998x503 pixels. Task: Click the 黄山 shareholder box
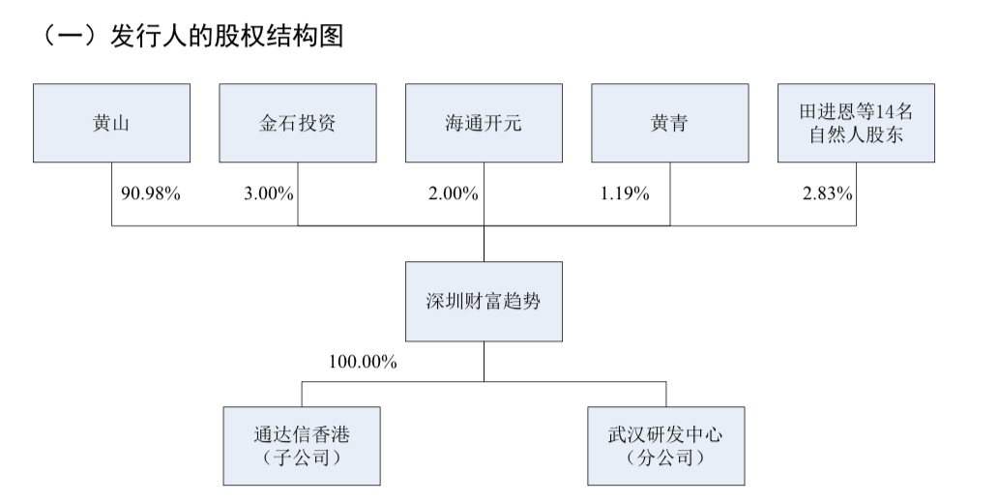point(111,123)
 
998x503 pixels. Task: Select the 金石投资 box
point(297,123)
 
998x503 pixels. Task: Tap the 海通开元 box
point(483,123)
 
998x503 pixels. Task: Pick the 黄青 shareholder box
point(669,123)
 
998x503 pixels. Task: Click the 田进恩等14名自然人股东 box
point(856,123)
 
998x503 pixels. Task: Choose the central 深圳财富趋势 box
point(483,301)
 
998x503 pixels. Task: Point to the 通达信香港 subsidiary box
point(301,445)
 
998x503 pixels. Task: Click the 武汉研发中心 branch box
point(666,445)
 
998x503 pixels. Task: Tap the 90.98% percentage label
point(151,192)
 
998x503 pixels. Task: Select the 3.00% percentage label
point(268,192)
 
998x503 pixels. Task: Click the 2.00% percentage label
point(454,192)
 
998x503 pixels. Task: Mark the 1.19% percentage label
point(624,192)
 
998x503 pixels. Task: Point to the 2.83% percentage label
point(828,192)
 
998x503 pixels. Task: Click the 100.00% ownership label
point(363,362)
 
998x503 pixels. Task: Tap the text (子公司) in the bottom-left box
point(301,457)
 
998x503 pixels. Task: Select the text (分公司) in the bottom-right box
point(666,457)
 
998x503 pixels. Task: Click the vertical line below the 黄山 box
point(111,193)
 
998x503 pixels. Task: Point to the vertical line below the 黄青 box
point(669,193)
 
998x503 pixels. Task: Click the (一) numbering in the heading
point(61,38)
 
